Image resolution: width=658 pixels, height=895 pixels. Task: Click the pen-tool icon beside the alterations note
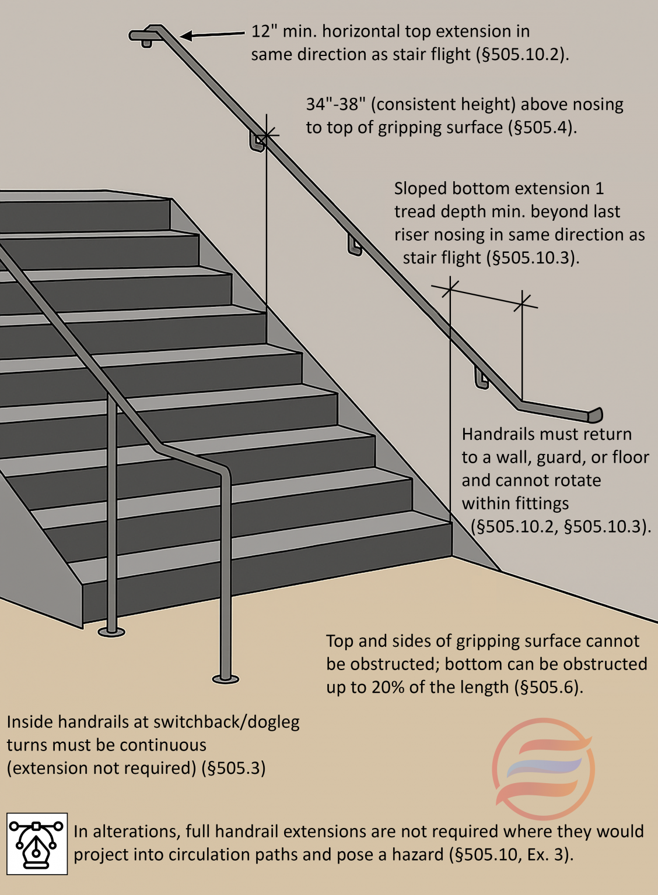(x=37, y=844)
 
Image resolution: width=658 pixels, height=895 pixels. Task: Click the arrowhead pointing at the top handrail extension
(x=186, y=36)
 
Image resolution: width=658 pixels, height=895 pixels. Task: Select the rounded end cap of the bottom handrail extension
(x=595, y=415)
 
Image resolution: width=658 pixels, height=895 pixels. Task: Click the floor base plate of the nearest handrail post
(x=225, y=678)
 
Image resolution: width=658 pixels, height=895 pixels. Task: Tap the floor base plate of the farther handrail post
(x=111, y=632)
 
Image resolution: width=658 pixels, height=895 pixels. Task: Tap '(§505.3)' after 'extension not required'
(x=233, y=769)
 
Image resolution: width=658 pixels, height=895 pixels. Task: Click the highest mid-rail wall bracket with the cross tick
(x=257, y=142)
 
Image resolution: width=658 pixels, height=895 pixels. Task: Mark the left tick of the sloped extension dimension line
(x=450, y=287)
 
